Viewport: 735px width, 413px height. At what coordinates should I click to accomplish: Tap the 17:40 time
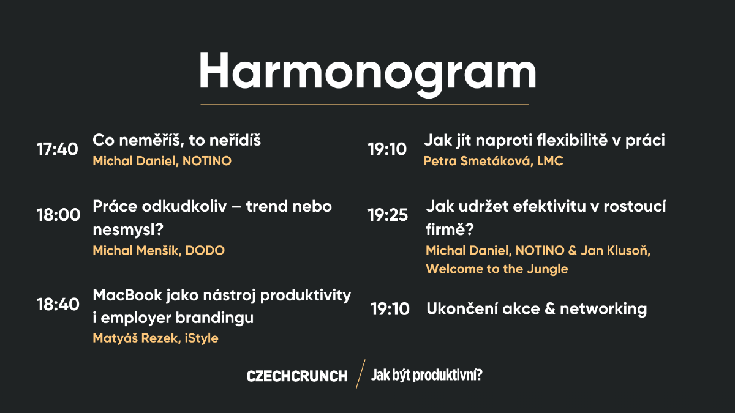pyautogui.click(x=58, y=149)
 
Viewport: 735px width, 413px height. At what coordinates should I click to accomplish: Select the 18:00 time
pyautogui.click(x=58, y=215)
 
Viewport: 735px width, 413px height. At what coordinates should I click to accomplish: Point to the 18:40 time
pyautogui.click(x=58, y=304)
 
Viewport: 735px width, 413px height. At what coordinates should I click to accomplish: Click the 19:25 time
pyautogui.click(x=388, y=215)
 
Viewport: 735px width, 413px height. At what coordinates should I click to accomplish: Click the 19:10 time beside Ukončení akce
pyautogui.click(x=390, y=309)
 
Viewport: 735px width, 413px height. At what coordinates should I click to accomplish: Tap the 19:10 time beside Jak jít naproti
pyautogui.click(x=387, y=149)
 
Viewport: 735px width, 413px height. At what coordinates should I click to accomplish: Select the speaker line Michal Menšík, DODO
pyautogui.click(x=159, y=250)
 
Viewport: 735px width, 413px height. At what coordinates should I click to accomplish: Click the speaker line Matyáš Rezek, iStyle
pyautogui.click(x=156, y=338)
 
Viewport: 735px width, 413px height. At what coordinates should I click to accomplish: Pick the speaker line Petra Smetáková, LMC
pyautogui.click(x=494, y=161)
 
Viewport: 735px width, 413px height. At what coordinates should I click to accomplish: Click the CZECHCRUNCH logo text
pyautogui.click(x=297, y=376)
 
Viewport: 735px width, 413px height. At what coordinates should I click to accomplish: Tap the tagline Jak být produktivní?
pyautogui.click(x=426, y=375)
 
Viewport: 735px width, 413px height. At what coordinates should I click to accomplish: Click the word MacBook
pyautogui.click(x=127, y=296)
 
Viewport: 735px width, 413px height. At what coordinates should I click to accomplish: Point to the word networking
pyautogui.click(x=603, y=309)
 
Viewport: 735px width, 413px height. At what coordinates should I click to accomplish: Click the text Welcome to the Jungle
pyautogui.click(x=497, y=269)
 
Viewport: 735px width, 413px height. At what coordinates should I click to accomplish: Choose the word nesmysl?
pyautogui.click(x=128, y=229)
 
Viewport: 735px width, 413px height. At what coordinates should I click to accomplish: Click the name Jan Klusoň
pyautogui.click(x=615, y=250)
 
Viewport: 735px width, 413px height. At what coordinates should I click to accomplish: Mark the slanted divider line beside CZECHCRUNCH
pyautogui.click(x=360, y=374)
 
